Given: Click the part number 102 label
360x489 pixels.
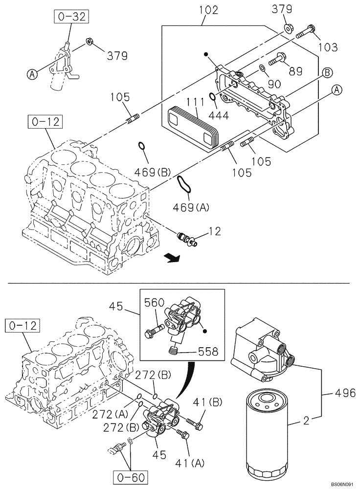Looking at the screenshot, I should coord(209,10).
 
